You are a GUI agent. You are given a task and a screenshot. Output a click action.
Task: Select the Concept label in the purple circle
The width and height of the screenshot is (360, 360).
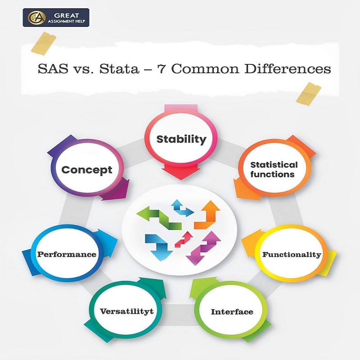[x=86, y=170]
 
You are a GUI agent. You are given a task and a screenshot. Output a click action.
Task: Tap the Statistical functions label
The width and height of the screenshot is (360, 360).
[x=274, y=169]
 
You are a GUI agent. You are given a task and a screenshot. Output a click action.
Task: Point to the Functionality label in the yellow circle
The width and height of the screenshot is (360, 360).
[x=292, y=254]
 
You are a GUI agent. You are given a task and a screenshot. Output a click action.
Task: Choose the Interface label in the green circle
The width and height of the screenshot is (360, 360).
[x=232, y=311]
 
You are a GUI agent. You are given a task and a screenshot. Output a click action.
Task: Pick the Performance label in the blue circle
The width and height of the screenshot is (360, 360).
[x=67, y=254]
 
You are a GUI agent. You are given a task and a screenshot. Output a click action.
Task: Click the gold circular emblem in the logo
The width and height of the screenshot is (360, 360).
[x=35, y=18]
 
